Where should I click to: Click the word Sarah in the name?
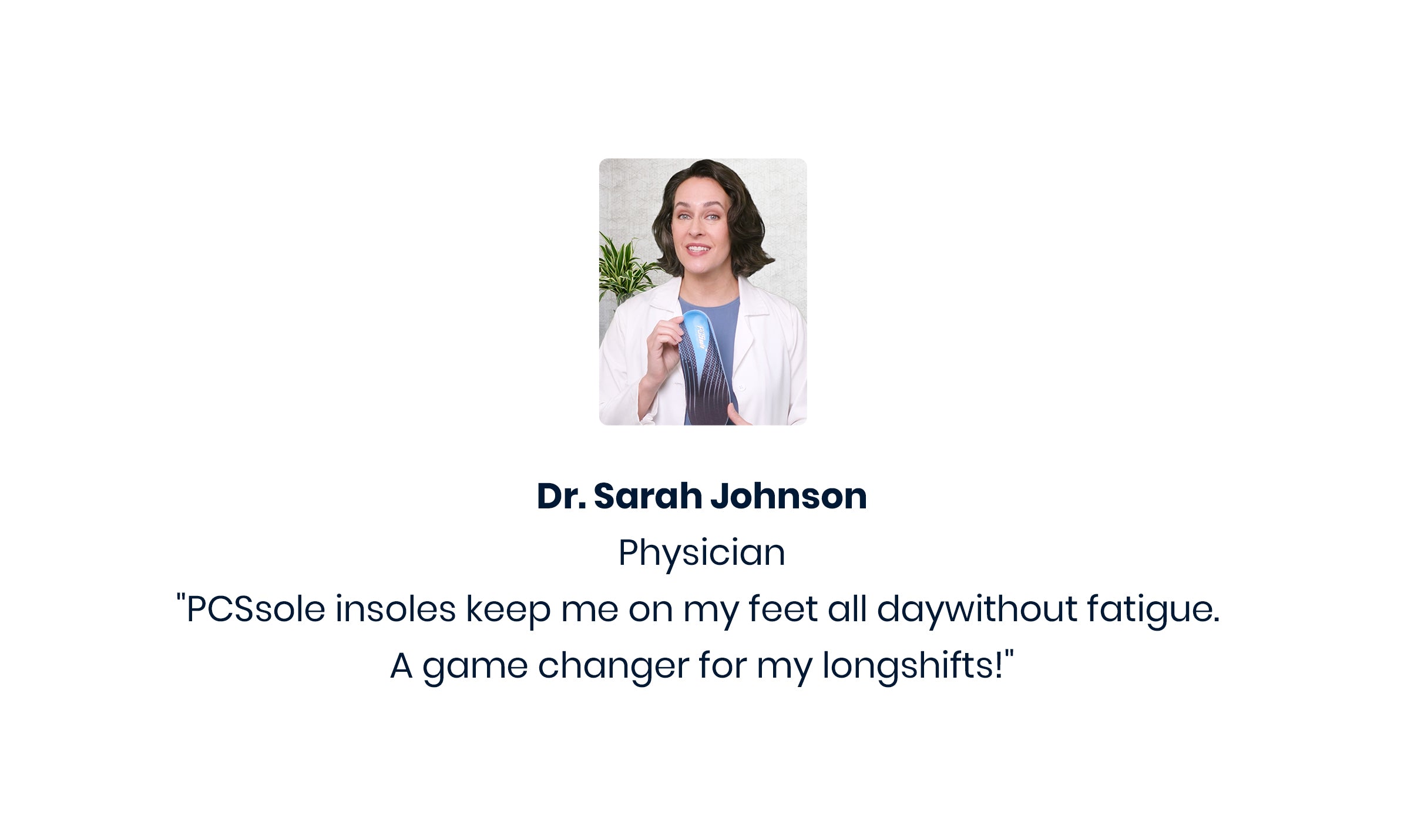pyautogui.click(x=647, y=496)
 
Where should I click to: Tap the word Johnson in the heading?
pyautogui.click(x=789, y=496)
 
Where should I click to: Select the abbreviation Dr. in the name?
pyautogui.click(x=561, y=496)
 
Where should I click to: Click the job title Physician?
pyautogui.click(x=702, y=553)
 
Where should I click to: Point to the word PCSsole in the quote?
pyautogui.click(x=256, y=609)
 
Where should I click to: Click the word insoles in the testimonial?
pyautogui.click(x=395, y=609)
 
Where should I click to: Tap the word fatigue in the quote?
pyautogui.click(x=1153, y=609)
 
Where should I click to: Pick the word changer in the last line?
pyautogui.click(x=613, y=665)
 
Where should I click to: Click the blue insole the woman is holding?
pyautogui.click(x=704, y=367)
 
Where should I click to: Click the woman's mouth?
pyautogui.click(x=697, y=249)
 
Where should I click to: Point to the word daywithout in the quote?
pyautogui.click(x=977, y=609)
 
